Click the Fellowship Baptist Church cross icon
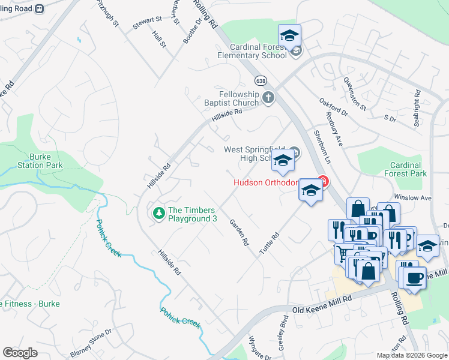268,97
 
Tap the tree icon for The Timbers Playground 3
158,213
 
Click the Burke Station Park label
40,160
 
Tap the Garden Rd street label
239,232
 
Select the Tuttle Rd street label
270,245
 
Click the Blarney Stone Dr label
91,343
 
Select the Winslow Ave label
413,197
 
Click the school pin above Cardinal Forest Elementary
289,36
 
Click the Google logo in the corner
20,353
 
